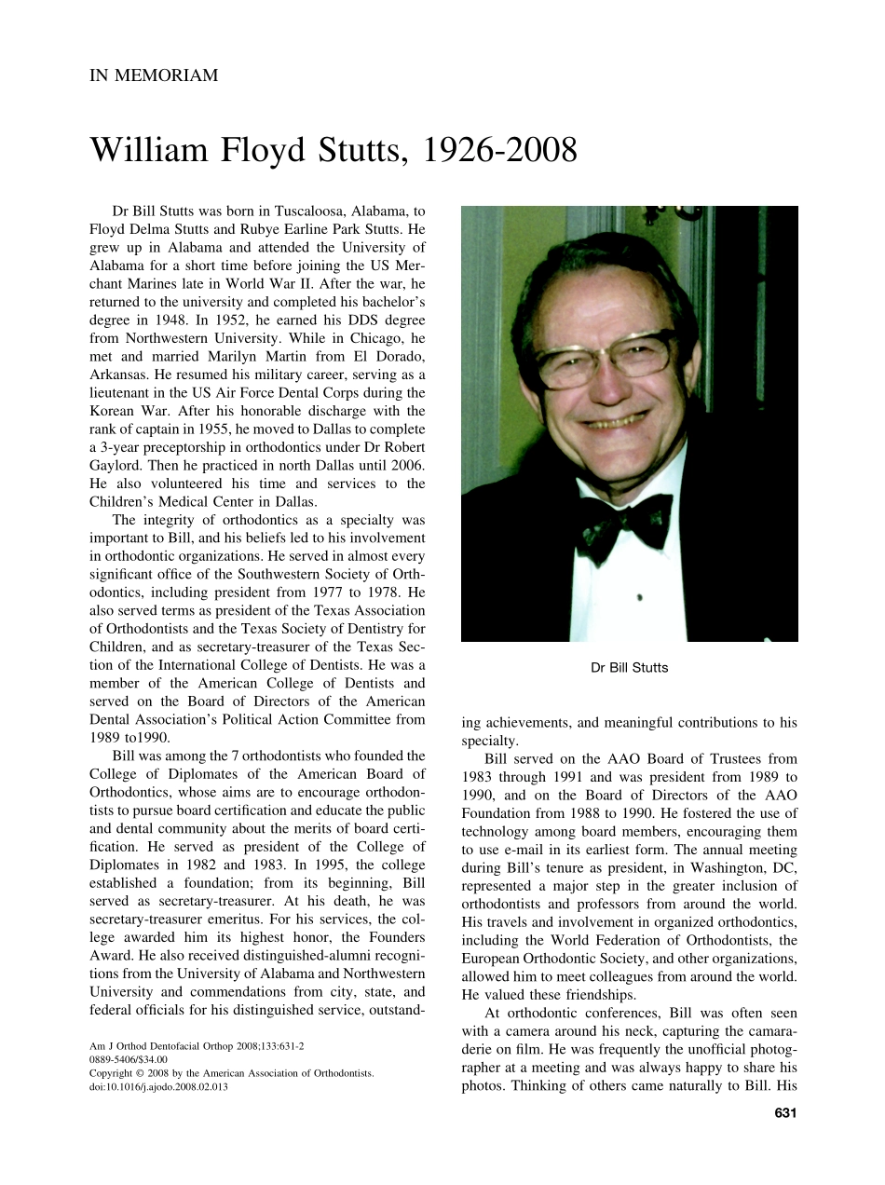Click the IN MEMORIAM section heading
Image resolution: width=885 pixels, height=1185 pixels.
[154, 75]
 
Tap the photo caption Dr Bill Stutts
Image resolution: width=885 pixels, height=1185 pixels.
[630, 667]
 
